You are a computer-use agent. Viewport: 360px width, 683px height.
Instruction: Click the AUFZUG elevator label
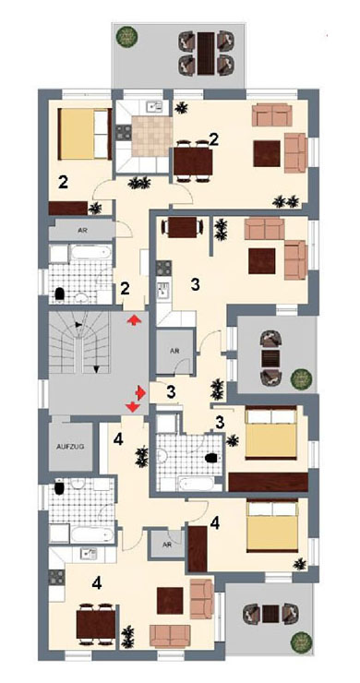coord(70,447)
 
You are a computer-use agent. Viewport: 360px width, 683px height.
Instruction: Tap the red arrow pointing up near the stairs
coord(134,320)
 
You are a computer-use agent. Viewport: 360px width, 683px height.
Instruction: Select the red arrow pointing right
coord(140,393)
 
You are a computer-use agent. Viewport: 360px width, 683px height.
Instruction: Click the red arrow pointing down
coord(133,407)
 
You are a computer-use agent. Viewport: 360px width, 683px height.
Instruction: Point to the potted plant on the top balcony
coord(125,36)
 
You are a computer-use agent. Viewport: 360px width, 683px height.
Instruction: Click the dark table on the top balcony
coord(206,54)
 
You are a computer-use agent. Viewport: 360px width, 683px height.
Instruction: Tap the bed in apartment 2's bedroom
coord(85,134)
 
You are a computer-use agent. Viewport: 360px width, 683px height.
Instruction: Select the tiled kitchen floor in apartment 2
coord(151,137)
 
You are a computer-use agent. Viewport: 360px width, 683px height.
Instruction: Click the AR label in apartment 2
coord(82,231)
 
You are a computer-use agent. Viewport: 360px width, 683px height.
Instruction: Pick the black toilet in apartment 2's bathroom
coord(60,294)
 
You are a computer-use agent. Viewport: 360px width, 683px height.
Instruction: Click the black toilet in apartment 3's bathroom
coord(211,458)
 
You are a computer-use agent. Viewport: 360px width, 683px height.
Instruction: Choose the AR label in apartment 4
coord(167,545)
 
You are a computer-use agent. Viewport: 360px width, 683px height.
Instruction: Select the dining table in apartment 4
coord(96,624)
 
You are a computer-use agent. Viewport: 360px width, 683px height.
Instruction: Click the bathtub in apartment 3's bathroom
coord(196,484)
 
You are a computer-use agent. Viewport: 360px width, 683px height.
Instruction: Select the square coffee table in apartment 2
coord(266,154)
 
